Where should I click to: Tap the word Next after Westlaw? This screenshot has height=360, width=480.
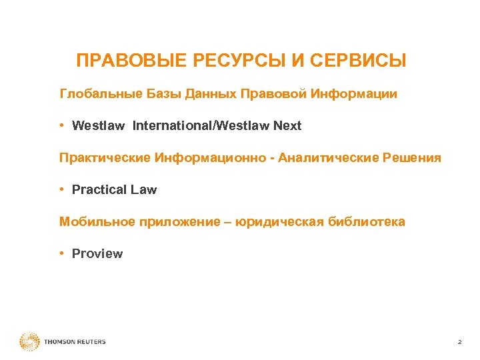click(x=287, y=126)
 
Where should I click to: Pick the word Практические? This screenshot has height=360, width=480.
click(x=105, y=158)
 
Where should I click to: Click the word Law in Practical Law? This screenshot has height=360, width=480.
click(x=143, y=190)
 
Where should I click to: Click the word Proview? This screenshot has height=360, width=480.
click(x=97, y=254)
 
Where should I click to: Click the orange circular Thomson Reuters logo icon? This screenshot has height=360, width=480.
click(x=29, y=342)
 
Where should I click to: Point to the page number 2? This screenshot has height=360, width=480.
click(x=459, y=342)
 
